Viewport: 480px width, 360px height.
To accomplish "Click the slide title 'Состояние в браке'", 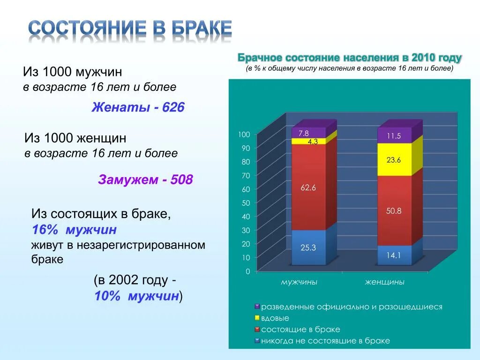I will click(130, 29).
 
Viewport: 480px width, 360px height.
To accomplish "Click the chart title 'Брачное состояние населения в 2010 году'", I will click(350, 58).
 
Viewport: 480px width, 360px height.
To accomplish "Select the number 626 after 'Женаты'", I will click(173, 108).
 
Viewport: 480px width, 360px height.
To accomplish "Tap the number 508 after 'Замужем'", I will click(181, 180).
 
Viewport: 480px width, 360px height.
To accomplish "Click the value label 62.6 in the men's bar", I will click(308, 188).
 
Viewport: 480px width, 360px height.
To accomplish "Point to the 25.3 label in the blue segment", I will click(308, 248).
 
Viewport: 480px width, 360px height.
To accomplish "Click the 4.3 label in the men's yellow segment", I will click(313, 141).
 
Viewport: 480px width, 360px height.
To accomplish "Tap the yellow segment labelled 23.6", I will click(394, 160).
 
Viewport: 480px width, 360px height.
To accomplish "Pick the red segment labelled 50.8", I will click(394, 211).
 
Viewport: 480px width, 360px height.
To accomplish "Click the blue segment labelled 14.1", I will click(394, 255).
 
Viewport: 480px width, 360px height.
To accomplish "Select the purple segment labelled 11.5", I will click(394, 136).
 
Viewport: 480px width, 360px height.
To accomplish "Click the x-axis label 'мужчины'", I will click(299, 282).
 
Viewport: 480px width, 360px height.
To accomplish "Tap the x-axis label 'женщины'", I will click(385, 282).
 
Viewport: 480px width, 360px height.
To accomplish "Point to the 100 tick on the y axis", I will click(244, 135).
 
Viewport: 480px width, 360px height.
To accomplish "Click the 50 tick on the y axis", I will click(246, 203).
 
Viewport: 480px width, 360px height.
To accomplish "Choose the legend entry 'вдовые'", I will click(275, 318).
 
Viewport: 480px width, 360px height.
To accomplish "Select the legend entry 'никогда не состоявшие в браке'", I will click(325, 341).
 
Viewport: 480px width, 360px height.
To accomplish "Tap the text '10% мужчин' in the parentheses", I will click(137, 296).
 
